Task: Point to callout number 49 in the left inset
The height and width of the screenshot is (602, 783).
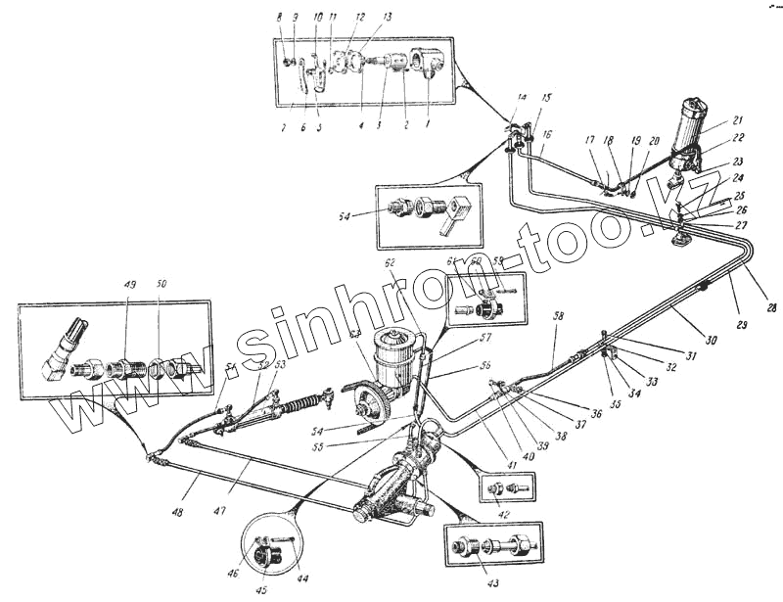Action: (129, 285)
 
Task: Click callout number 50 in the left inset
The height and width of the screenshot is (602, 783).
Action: (161, 285)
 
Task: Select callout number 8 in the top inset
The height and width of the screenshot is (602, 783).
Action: (278, 18)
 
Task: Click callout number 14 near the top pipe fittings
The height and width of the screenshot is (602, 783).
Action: (522, 98)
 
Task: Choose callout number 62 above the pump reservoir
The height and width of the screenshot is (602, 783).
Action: (390, 263)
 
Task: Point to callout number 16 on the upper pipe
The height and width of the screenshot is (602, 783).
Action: (547, 134)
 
